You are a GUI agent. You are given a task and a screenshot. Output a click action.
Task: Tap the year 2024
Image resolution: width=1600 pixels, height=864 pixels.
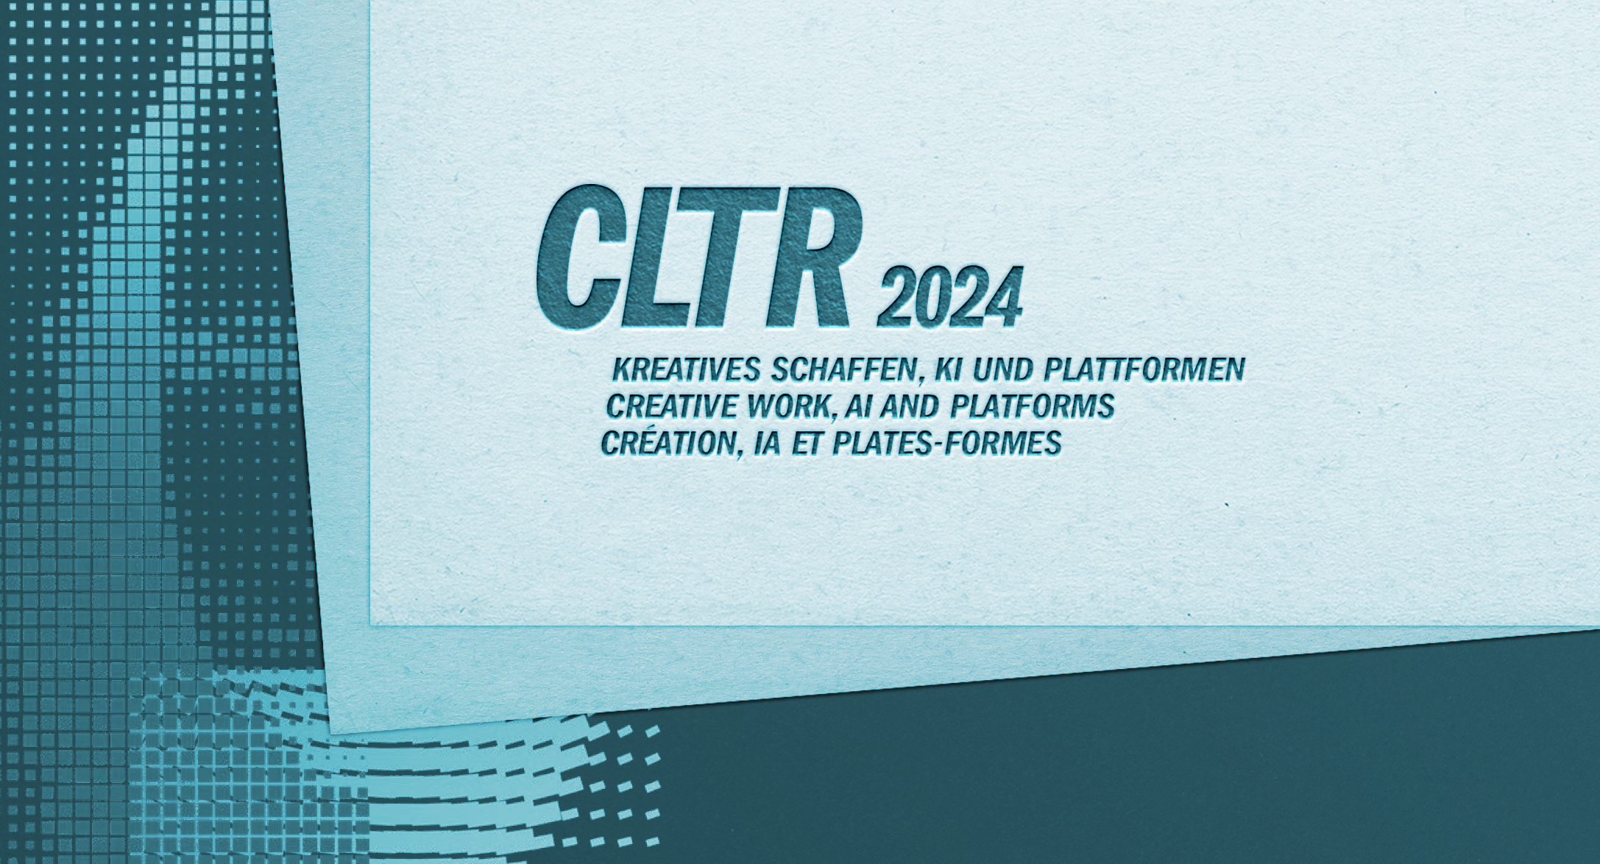tap(949, 297)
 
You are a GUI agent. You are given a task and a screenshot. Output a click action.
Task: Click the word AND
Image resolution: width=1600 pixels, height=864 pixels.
tap(914, 406)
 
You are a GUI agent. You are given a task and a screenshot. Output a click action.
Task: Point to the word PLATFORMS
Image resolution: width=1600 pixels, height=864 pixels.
tap(1033, 406)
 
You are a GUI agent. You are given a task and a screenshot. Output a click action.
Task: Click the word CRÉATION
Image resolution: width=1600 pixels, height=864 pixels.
tap(670, 442)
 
